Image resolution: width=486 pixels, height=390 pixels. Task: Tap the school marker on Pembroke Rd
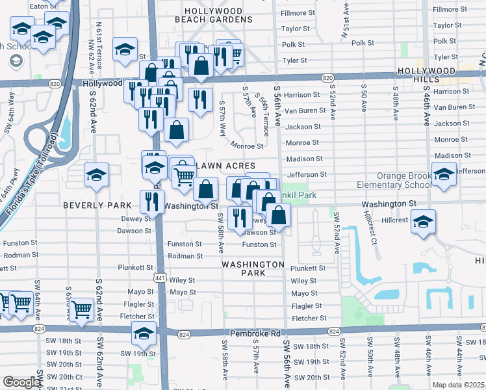click(x=144, y=333)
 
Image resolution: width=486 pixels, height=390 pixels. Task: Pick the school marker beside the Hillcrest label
click(x=423, y=222)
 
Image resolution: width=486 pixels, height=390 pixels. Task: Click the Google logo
click(x=21, y=382)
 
